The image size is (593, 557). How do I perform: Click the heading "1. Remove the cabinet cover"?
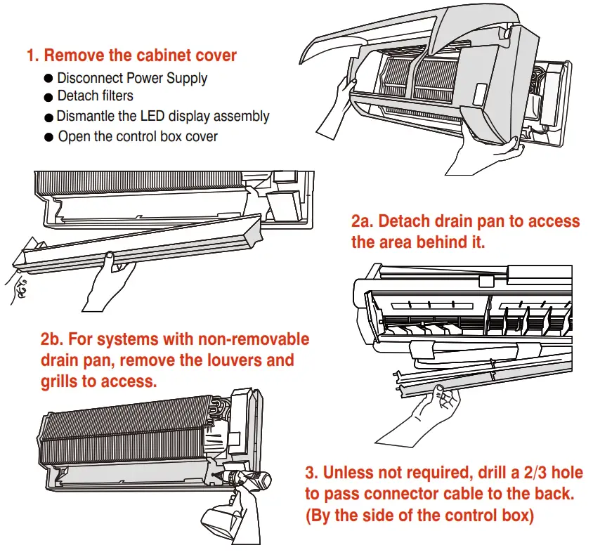tap(131, 55)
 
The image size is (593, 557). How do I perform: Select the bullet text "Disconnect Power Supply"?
tap(132, 78)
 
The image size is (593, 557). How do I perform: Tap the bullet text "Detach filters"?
tap(95, 96)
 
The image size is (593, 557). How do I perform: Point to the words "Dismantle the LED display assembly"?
tap(163, 117)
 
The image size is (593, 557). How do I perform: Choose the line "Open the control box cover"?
tap(138, 136)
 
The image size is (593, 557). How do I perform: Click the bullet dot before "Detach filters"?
tap(48, 98)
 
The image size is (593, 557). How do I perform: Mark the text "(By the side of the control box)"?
tap(419, 516)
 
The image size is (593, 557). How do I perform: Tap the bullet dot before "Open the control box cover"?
tap(48, 138)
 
